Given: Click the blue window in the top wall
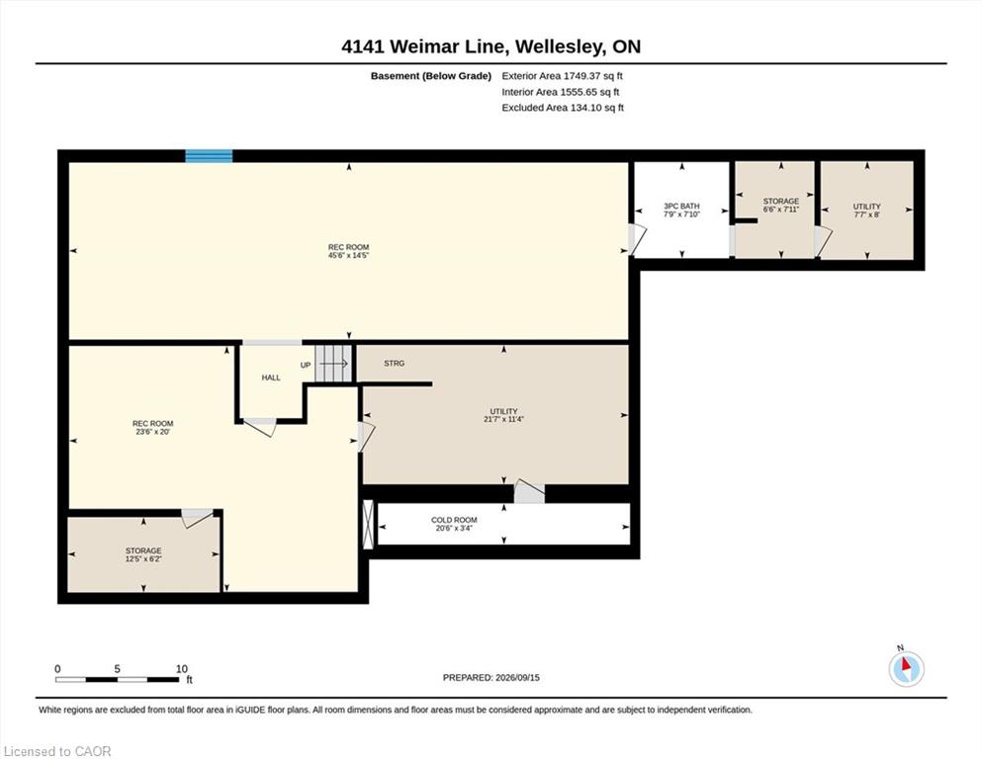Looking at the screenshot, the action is [210, 156].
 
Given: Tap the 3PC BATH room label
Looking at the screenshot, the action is [681, 210].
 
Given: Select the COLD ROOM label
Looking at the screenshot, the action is [454, 524].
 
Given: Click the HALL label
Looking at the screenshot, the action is [271, 378].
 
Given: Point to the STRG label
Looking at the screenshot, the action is [394, 363].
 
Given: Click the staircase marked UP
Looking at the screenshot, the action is [333, 363].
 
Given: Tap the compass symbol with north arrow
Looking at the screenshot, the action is [906, 668].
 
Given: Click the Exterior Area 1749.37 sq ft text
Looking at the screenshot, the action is [562, 76].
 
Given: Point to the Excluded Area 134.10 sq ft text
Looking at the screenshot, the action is [563, 108].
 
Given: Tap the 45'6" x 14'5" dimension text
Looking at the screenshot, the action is [349, 255].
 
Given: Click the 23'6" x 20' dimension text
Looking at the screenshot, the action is [153, 432].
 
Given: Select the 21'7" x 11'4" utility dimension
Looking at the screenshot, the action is [503, 419].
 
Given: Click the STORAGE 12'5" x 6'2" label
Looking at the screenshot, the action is [143, 554].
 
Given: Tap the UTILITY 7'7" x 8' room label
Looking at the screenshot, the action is [866, 211].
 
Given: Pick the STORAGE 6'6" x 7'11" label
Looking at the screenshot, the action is [781, 206].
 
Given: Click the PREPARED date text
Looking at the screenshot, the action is [491, 678].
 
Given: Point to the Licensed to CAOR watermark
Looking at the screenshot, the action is [57, 751].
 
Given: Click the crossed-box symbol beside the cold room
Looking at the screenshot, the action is [368, 525].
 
